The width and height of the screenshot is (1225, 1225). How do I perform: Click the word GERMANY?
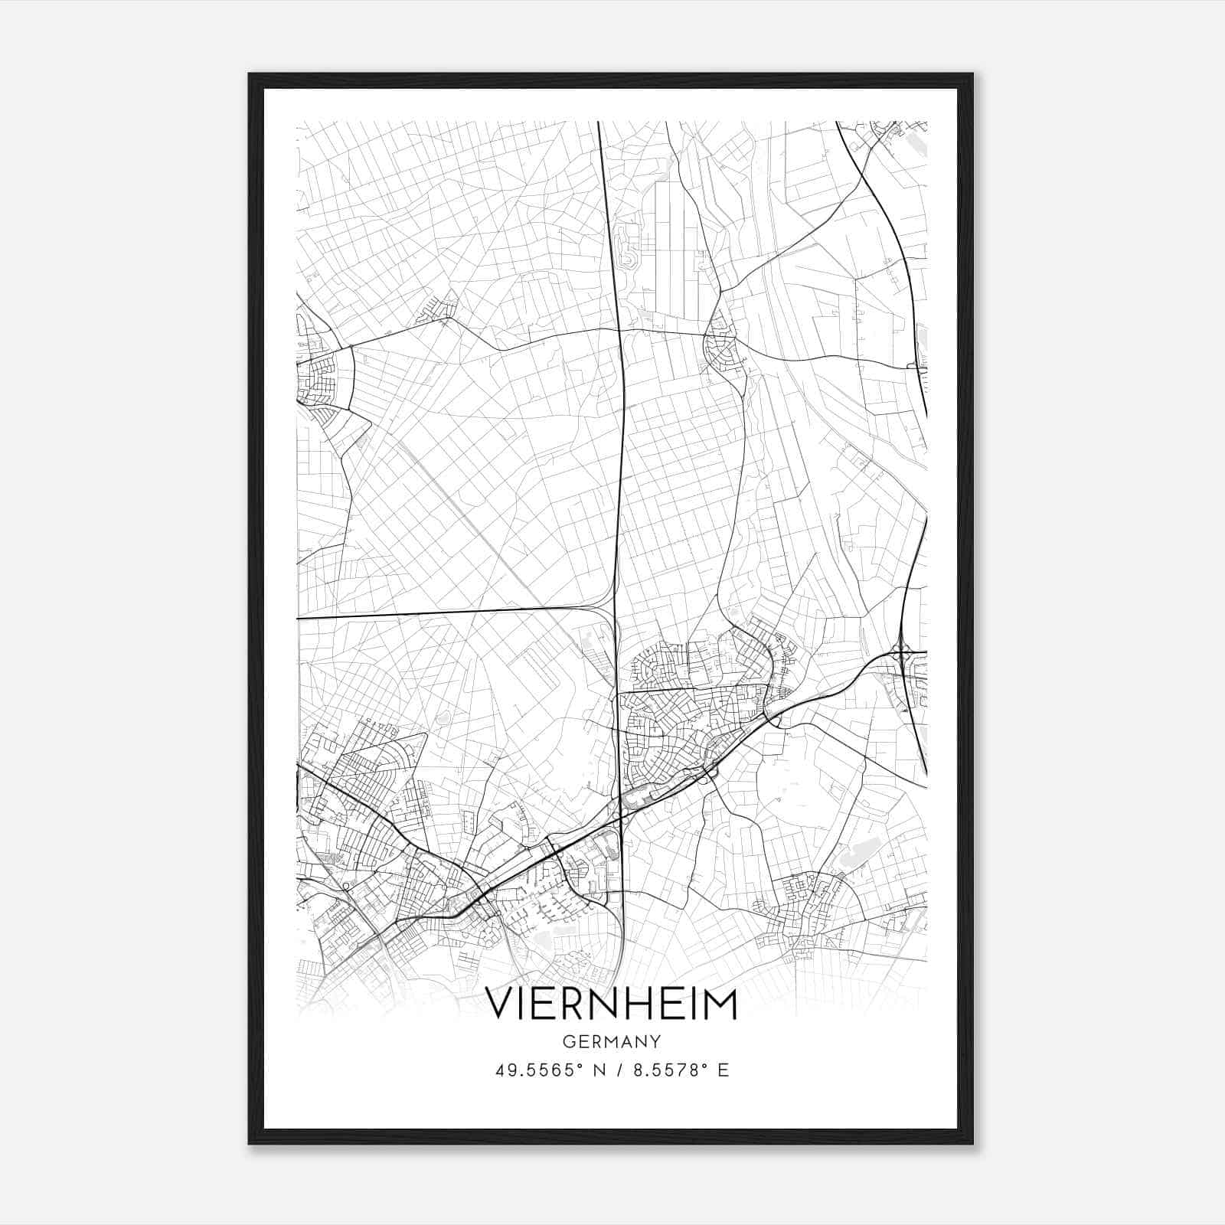pos(612,1042)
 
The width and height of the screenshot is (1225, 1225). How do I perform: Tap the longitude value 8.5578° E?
pos(681,1070)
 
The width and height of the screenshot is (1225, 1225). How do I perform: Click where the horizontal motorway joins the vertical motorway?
pos(609,612)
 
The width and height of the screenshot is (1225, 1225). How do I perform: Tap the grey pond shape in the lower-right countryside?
pos(856,852)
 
